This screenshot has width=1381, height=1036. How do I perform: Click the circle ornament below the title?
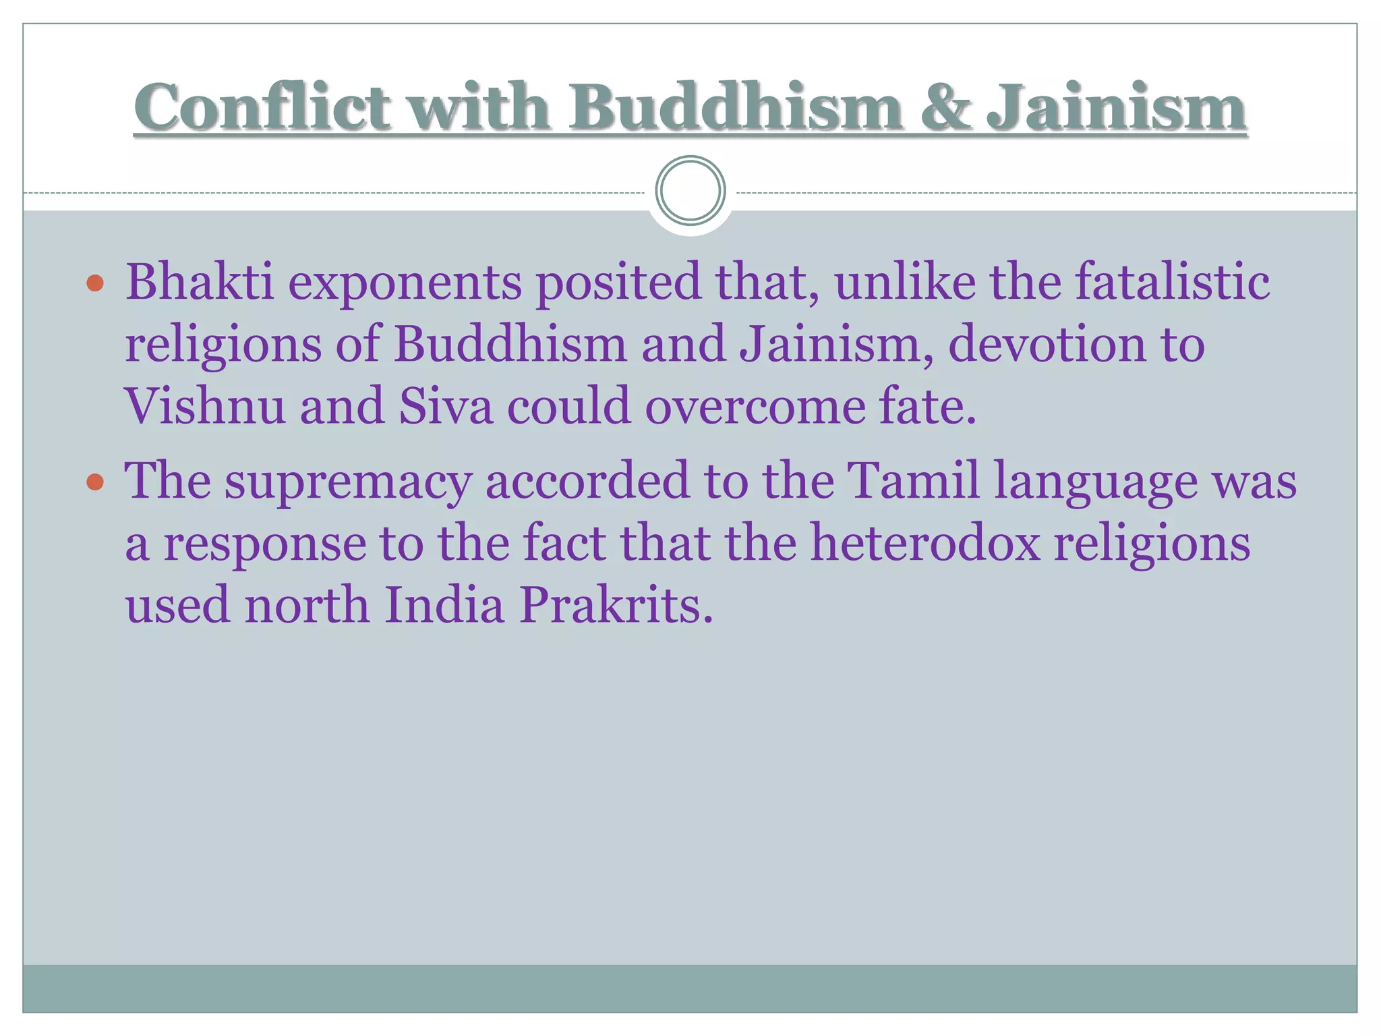[x=690, y=190]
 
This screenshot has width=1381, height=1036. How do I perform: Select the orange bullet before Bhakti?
[x=95, y=283]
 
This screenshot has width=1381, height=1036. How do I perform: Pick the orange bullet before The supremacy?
[x=95, y=482]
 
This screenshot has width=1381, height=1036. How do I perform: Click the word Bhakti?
[x=200, y=281]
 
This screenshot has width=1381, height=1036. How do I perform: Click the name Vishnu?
[x=205, y=406]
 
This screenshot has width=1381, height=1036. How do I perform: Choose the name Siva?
[x=446, y=406]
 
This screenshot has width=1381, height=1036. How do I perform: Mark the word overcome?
[x=755, y=407]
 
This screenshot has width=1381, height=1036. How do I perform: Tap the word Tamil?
[x=913, y=480]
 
